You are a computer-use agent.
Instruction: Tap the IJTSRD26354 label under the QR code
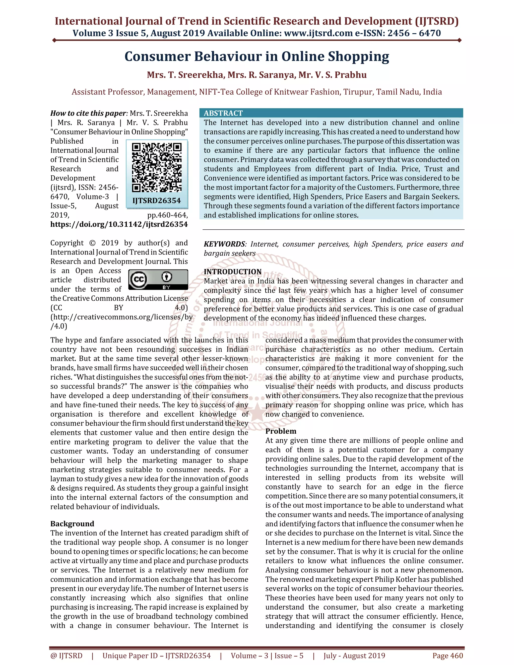(x=157, y=201)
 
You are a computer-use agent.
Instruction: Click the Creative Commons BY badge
(x=158, y=279)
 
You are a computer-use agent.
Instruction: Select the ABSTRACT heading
(x=223, y=113)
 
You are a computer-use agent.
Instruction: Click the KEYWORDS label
(x=224, y=244)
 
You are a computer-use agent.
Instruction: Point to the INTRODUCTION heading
(x=233, y=272)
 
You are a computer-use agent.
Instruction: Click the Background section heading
(x=72, y=524)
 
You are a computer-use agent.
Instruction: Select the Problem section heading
(x=281, y=431)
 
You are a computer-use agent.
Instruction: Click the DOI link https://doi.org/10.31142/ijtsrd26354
(x=119, y=224)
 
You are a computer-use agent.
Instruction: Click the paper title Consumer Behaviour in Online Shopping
(x=257, y=57)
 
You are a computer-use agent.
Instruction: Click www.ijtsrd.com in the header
(x=318, y=33)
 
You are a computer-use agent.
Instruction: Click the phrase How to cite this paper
(x=88, y=113)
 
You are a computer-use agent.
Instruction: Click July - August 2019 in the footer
(x=354, y=655)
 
